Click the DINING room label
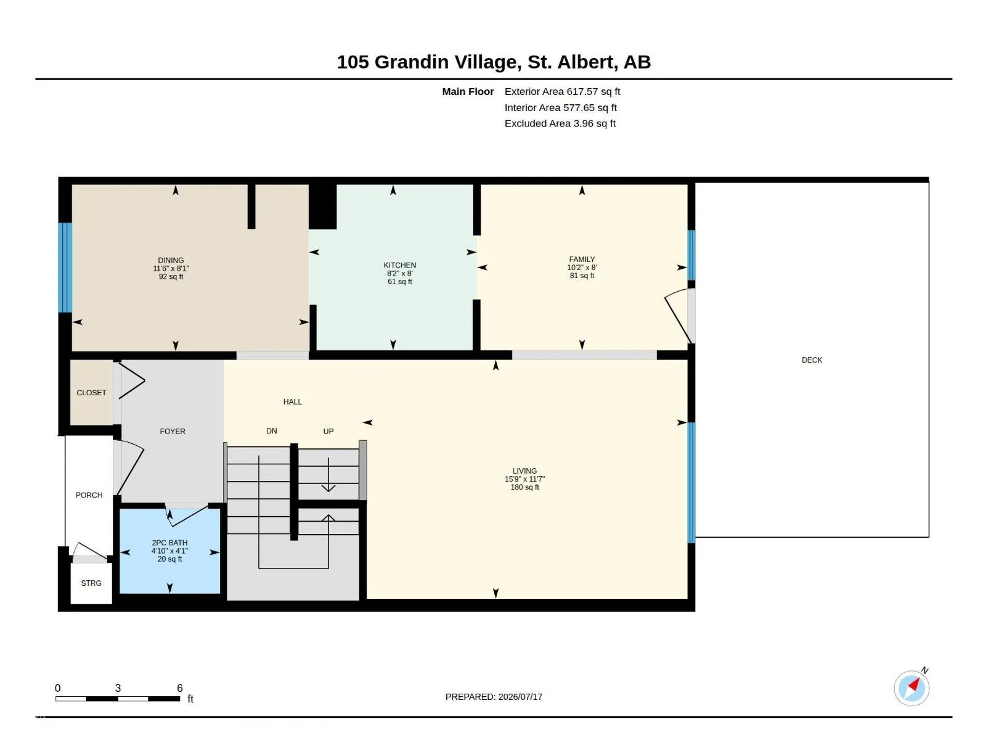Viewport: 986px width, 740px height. pos(171,260)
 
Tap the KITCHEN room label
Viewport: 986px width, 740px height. pos(400,265)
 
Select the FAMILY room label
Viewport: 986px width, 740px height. pos(582,259)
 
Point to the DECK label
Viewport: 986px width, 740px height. pos(812,360)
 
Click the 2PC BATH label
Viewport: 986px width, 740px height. pos(169,543)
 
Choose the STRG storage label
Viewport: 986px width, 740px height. pos(91,583)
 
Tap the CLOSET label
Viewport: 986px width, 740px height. pos(91,393)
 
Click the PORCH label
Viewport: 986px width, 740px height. pos(89,495)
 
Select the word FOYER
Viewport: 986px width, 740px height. pos(173,431)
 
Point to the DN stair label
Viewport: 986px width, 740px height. pos(271,431)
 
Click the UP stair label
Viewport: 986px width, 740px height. pos(328,431)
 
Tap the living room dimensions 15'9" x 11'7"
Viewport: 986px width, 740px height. pos(524,479)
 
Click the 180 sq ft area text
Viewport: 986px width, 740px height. pos(524,487)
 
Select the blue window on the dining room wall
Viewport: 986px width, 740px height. pos(65,268)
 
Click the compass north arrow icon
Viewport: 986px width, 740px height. pos(912,688)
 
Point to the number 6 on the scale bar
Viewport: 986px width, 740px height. pos(180,688)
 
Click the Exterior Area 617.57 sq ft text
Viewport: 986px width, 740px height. pos(562,92)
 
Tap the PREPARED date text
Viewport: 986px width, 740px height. pos(494,697)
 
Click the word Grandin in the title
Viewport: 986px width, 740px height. pos(412,62)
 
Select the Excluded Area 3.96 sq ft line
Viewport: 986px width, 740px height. pos(560,123)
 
